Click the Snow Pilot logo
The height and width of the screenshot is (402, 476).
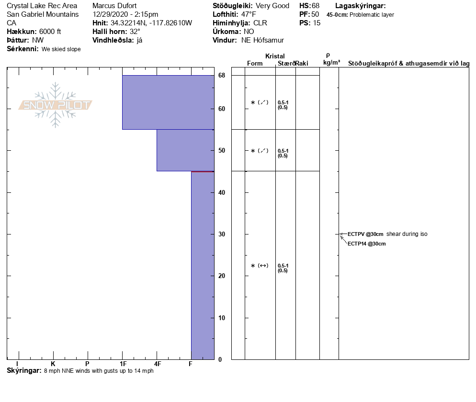click(56, 105)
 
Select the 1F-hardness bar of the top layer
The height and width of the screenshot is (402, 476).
click(168, 102)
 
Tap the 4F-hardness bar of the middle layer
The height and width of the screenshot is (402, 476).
click(185, 150)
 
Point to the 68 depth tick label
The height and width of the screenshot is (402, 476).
click(221, 76)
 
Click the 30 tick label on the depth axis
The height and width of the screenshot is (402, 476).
click(221, 234)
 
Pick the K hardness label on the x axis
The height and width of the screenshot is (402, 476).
click(53, 364)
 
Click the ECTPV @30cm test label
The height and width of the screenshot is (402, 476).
click(365, 234)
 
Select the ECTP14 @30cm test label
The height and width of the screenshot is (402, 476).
click(366, 244)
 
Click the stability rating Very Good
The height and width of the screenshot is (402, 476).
click(272, 6)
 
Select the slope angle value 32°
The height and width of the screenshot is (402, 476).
click(135, 32)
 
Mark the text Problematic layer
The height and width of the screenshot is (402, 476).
click(372, 15)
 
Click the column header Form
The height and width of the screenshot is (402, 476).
click(255, 64)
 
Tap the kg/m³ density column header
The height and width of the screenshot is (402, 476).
click(331, 63)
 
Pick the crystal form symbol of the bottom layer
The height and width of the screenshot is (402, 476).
click(260, 266)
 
